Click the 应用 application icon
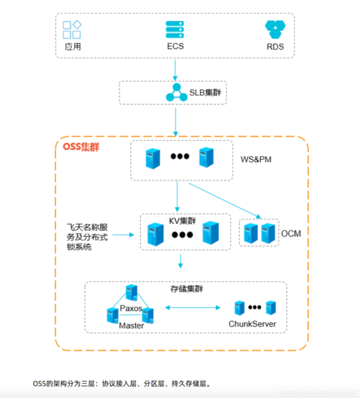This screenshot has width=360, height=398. pos(71,30)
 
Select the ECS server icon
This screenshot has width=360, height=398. pos(175,30)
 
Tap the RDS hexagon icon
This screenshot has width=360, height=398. pos(275,30)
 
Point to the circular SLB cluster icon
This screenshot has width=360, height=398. pos(175,94)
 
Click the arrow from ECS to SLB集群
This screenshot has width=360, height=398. pos(175,69)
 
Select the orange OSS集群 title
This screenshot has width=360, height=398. pos(81,148)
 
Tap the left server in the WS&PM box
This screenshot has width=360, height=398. pos(152,159)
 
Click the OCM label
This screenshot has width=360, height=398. pos(290,234)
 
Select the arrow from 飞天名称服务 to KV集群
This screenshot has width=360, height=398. pos(122,235)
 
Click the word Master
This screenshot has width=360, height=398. pos(131,326)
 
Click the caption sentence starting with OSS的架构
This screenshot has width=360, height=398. pos(122,384)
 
